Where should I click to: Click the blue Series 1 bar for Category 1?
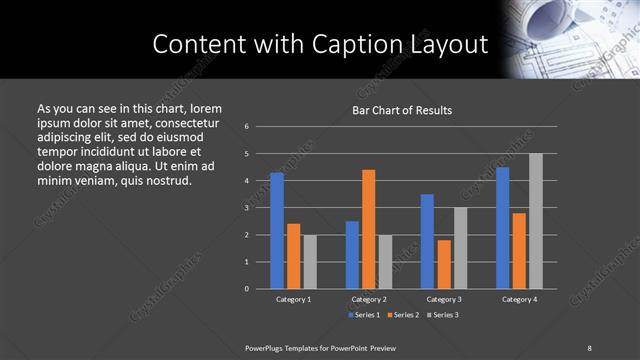tap(277, 231)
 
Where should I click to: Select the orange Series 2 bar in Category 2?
tap(368, 229)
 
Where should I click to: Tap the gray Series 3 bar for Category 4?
tap(535, 221)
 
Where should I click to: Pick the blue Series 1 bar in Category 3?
tap(427, 241)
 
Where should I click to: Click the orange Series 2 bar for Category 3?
tap(443, 264)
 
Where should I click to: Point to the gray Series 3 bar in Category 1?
tap(309, 262)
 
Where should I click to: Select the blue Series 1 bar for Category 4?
tap(502, 228)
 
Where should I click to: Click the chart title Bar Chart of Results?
tap(402, 110)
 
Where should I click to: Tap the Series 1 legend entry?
tap(363, 315)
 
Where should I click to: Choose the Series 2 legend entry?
tap(402, 315)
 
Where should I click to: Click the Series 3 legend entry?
tap(441, 315)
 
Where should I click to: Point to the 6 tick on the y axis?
tap(247, 127)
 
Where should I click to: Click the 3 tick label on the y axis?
tap(247, 208)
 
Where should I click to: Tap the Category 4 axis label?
tap(518, 299)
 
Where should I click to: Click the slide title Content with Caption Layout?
tap(320, 44)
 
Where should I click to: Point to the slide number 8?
tap(589, 347)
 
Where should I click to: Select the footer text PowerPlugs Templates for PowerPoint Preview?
tap(320, 347)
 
